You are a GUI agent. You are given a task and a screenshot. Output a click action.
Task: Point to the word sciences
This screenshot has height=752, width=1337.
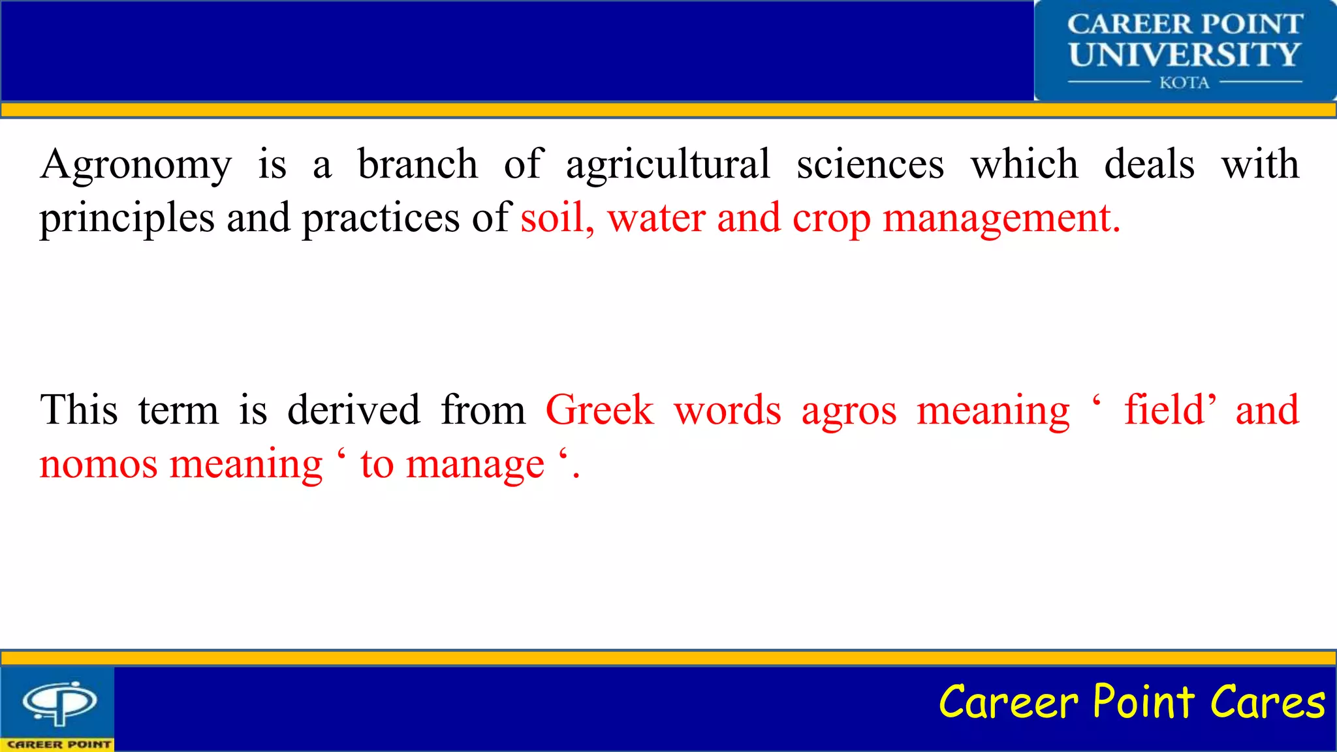click(870, 164)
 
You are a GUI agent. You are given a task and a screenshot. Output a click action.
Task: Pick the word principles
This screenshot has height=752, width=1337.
click(127, 219)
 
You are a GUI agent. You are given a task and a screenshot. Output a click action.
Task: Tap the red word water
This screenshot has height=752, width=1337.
click(656, 219)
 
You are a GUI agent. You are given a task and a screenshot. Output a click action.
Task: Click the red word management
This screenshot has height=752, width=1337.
click(1001, 219)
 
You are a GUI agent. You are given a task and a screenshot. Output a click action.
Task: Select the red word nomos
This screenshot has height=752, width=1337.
click(99, 465)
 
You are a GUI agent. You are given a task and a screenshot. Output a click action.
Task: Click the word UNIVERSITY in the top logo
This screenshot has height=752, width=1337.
click(1184, 55)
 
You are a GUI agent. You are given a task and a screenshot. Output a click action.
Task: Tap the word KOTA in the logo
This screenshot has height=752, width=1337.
click(1184, 83)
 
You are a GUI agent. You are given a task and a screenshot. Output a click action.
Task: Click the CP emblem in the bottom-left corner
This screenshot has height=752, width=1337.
click(59, 703)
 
